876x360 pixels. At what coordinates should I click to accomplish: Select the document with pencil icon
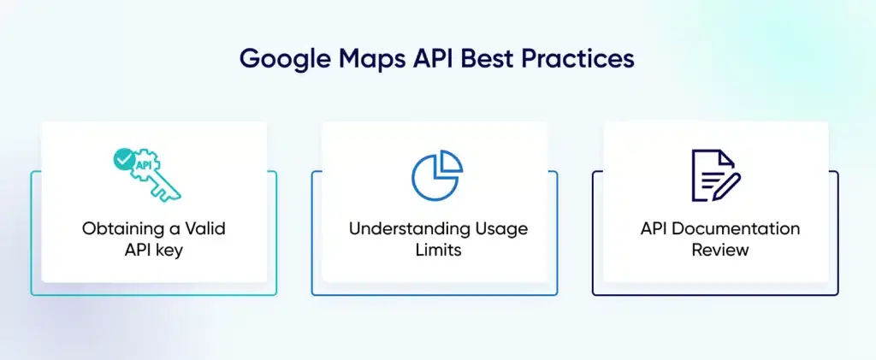point(716,174)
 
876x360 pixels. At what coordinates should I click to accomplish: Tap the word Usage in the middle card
point(501,229)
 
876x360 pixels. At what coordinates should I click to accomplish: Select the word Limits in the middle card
point(438,250)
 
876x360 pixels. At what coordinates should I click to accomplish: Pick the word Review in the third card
point(720,250)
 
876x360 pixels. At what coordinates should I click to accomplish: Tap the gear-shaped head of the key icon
point(144,165)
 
